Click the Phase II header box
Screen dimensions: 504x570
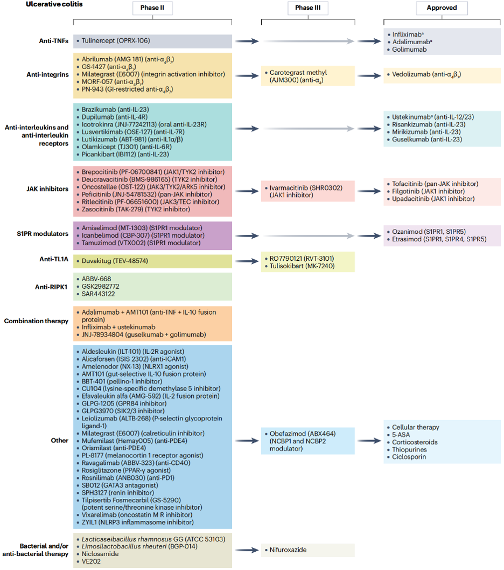click(152, 8)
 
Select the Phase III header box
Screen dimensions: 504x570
click(308, 8)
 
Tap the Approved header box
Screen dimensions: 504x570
click(442, 8)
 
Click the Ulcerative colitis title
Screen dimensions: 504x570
click(54, 4)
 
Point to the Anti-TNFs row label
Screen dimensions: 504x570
click(54, 41)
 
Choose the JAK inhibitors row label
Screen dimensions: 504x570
click(47, 189)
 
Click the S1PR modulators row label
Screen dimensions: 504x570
click(43, 234)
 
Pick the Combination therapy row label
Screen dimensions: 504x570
click(36, 321)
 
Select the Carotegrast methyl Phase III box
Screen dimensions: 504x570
click(308, 76)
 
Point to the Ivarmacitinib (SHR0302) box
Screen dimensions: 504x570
click(308, 191)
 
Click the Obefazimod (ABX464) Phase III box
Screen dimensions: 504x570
click(308, 441)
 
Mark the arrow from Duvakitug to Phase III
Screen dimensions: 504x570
click(247, 261)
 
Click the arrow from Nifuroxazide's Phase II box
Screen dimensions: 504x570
click(247, 550)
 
